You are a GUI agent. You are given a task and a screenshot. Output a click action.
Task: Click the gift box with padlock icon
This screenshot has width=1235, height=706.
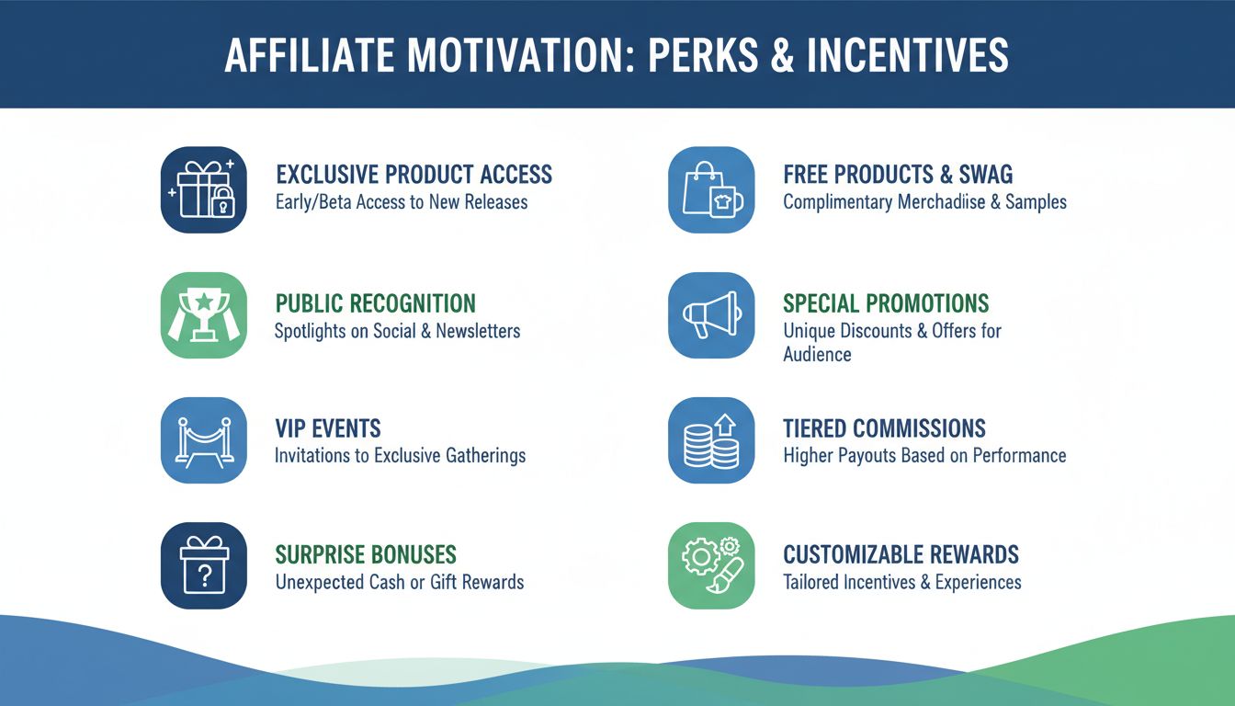tap(203, 190)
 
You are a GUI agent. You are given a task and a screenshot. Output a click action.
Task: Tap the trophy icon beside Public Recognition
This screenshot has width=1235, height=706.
tap(203, 315)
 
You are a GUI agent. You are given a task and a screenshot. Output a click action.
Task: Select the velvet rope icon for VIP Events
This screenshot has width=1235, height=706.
tap(203, 440)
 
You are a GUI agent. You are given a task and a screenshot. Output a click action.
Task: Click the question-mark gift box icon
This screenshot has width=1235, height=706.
tap(203, 565)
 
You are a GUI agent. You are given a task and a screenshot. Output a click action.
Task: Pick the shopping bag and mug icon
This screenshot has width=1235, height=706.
tap(711, 190)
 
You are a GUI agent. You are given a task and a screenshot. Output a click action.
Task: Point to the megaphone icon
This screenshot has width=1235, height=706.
tap(711, 315)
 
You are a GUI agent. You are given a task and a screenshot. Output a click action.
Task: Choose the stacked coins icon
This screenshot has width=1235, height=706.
tap(711, 440)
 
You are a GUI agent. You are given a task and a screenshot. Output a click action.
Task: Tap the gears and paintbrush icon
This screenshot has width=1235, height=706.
tap(711, 565)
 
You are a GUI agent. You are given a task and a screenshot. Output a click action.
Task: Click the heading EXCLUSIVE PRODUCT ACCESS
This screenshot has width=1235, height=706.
tap(414, 175)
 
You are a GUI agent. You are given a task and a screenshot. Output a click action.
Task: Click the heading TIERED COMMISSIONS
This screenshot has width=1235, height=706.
tap(884, 428)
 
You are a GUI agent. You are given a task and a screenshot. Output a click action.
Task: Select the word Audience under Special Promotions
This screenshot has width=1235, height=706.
tap(817, 355)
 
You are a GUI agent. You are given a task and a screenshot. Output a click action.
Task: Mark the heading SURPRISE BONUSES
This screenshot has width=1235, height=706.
tap(366, 555)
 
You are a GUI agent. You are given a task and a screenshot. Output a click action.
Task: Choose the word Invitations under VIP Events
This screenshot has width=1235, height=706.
tap(318, 455)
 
